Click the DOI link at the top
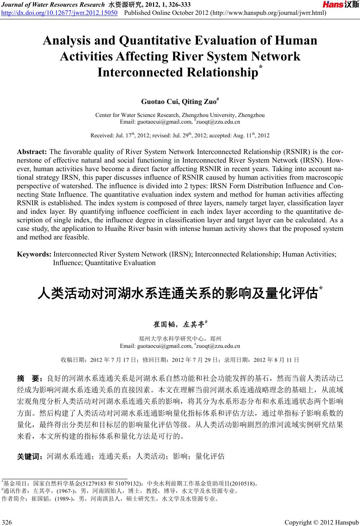(x=60, y=14)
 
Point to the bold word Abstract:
(x=32, y=152)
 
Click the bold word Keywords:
(x=34, y=254)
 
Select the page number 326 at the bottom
(x=7, y=523)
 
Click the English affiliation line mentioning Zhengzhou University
(x=180, y=115)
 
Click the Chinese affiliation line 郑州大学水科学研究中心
(x=180, y=339)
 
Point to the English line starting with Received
(x=180, y=135)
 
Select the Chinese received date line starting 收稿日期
(x=180, y=360)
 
